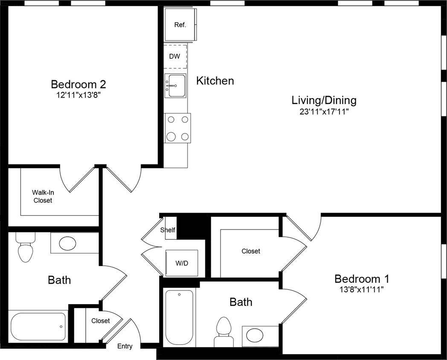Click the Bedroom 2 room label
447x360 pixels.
pyautogui.click(x=78, y=84)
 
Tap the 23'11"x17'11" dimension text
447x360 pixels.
pyautogui.click(x=324, y=112)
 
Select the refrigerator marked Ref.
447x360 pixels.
pyautogui.click(x=180, y=25)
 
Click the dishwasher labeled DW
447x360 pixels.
pyautogui.click(x=175, y=56)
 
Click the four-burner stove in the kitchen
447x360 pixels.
pyautogui.click(x=177, y=128)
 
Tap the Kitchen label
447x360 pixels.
pyautogui.click(x=215, y=81)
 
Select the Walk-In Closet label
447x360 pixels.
pyautogui.click(x=43, y=196)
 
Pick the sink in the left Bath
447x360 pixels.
pyautogui.click(x=67, y=244)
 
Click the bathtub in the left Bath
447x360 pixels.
pyautogui.click(x=38, y=326)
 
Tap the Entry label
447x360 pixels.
pyautogui.click(x=125, y=346)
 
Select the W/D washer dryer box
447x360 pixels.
pyautogui.click(x=182, y=263)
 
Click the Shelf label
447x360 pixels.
pyautogui.click(x=168, y=230)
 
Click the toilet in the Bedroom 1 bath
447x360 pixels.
pyautogui.click(x=223, y=332)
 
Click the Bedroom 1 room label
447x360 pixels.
pyautogui.click(x=361, y=279)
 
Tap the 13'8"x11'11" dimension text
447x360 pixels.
pyautogui.click(x=361, y=290)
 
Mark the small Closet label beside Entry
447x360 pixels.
pyautogui.click(x=101, y=321)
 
